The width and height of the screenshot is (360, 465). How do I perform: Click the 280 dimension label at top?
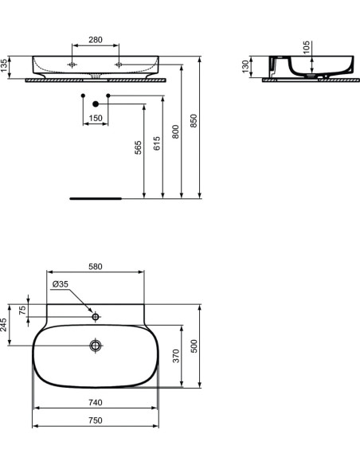point(96,39)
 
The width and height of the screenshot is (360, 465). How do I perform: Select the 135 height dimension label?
point(6,66)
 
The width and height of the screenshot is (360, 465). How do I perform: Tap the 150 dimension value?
point(96,119)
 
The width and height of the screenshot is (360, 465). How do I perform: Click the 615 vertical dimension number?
point(158,143)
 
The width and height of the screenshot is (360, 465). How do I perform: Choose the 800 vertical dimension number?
point(176,132)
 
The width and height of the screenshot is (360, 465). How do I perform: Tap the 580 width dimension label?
point(96,268)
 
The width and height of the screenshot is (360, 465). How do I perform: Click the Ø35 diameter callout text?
point(61,284)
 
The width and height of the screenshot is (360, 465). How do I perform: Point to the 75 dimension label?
point(23,311)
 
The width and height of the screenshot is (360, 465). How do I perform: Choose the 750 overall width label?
point(96,421)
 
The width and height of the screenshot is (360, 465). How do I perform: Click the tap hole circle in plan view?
point(96,317)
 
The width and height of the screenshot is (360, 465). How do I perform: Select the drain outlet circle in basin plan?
point(96,346)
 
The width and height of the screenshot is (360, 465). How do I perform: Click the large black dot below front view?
point(96,104)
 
